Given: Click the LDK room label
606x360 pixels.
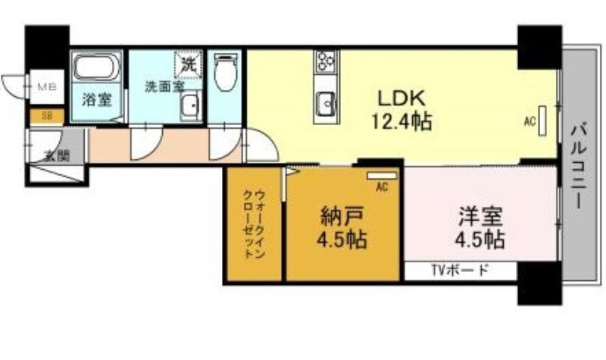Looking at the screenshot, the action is point(401,98).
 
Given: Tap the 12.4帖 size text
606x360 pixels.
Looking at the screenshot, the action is point(401,121).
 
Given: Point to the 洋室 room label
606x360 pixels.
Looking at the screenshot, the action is point(480,217).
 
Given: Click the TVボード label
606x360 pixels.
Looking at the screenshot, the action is point(460,271).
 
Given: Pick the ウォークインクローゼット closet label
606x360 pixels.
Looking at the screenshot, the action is point(255,224).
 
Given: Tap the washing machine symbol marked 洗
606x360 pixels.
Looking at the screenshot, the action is point(188,62).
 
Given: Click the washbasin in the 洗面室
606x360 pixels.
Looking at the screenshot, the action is point(190,106).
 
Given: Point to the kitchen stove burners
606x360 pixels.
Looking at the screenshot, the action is point(326,62).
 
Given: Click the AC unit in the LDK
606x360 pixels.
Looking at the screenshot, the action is point(542,121).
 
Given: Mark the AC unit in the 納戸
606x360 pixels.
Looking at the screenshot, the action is point(382,176).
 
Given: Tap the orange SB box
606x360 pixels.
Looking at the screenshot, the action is point(47,117).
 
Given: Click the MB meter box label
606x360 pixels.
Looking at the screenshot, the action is point(47,87).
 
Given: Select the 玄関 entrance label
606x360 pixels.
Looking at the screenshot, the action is point(57,156).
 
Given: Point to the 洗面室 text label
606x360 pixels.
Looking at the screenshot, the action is point(164,86).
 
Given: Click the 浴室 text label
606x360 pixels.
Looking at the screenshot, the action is point(97,100).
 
